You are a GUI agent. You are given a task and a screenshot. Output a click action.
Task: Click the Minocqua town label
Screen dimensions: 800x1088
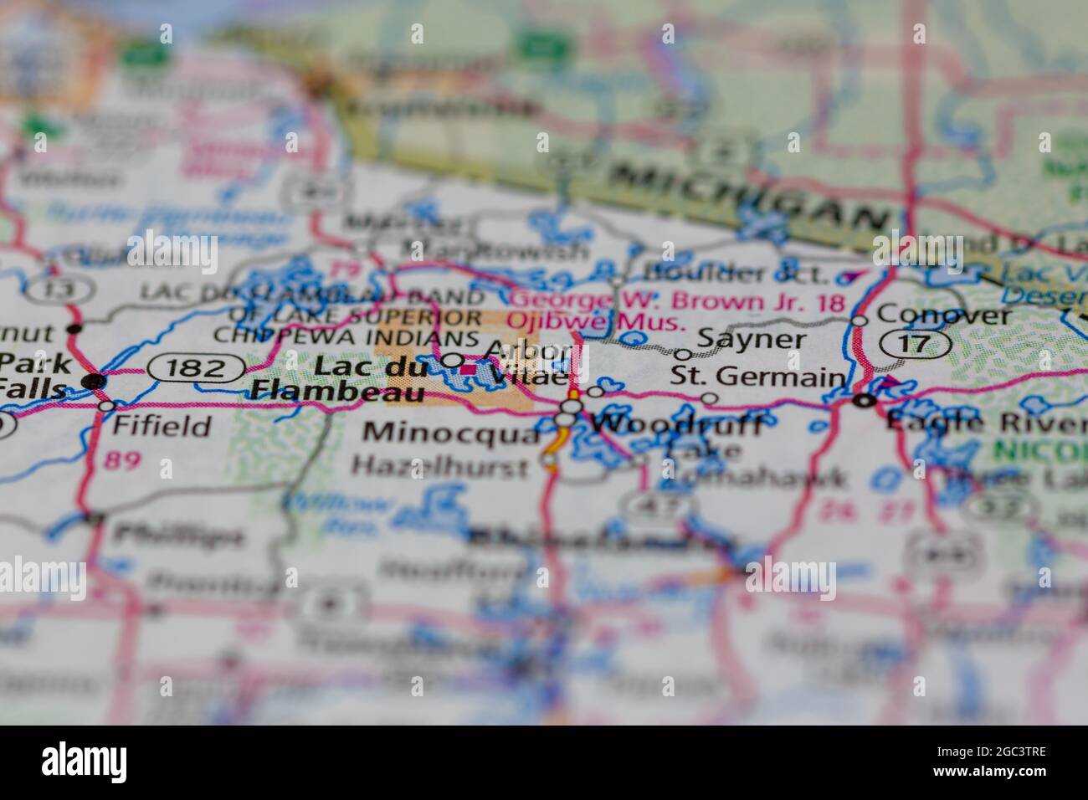tap(452, 432)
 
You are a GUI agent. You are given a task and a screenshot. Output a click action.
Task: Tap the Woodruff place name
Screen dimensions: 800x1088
tap(676, 424)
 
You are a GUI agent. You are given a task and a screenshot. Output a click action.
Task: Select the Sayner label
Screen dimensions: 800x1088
tap(751, 339)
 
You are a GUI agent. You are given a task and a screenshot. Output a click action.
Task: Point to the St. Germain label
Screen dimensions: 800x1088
tap(757, 377)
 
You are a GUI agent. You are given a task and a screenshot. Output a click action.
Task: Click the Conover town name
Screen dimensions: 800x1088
tap(944, 315)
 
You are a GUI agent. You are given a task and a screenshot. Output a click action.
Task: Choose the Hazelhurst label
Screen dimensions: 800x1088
tap(439, 465)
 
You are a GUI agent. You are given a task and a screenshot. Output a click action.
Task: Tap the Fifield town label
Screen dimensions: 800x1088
tap(162, 426)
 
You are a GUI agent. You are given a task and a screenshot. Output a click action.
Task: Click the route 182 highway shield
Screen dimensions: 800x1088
tap(197, 368)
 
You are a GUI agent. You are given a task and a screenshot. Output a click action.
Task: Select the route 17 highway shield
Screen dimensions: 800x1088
tap(915, 343)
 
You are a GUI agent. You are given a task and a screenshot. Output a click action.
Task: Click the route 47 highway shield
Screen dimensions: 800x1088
tap(658, 505)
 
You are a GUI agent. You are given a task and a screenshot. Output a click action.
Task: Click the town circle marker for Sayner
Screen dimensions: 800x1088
tap(683, 355)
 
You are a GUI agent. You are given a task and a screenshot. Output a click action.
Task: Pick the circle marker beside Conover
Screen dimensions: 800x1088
tap(859, 321)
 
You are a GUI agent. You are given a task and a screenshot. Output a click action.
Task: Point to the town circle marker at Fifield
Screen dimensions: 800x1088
tap(107, 406)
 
